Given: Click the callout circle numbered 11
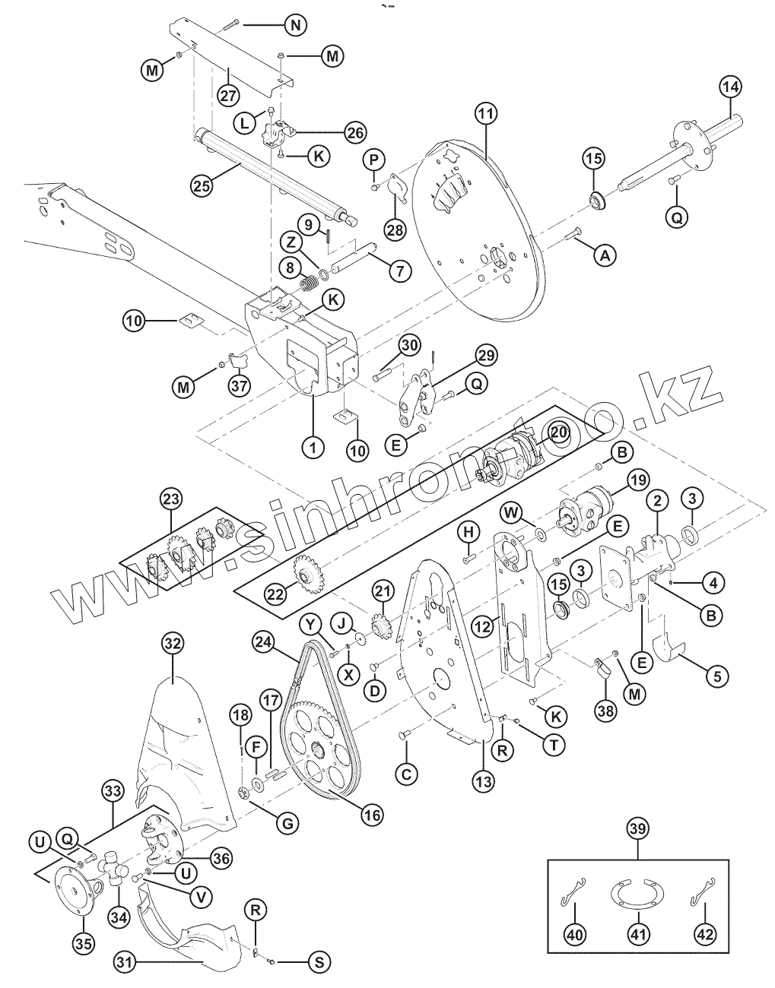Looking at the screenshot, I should [x=486, y=114].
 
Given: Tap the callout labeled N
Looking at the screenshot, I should [x=296, y=25].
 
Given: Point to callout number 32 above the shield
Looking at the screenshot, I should [x=173, y=644].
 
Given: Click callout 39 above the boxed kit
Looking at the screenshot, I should [x=638, y=829].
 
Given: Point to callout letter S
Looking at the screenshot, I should [x=319, y=962].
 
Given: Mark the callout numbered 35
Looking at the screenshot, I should [x=84, y=944].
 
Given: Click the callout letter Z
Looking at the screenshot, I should [x=292, y=242].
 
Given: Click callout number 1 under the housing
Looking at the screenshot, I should [x=311, y=447].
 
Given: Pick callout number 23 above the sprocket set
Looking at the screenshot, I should [x=172, y=499].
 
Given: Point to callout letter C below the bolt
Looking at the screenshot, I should [x=406, y=774].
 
